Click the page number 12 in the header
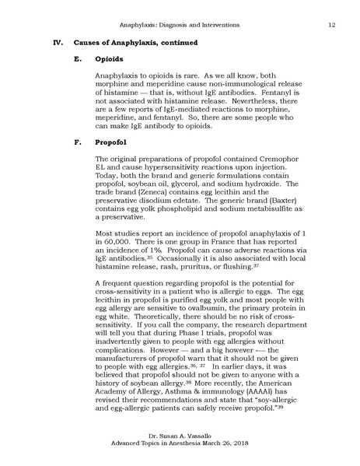click(x=331, y=25)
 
